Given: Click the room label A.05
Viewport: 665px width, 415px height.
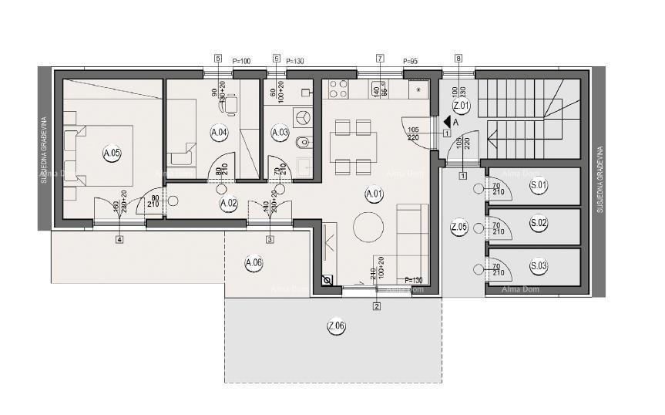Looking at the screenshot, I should (112, 153).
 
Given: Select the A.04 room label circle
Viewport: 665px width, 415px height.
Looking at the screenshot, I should (219, 133).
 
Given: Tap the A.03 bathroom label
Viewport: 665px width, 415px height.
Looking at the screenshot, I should (280, 133).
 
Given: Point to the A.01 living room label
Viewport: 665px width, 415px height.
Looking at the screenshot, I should (374, 193).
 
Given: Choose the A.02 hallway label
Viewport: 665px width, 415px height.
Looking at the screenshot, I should (229, 204).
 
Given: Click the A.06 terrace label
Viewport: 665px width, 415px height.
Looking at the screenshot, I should (254, 263).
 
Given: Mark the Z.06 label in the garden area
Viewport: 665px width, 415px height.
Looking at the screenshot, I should (336, 326).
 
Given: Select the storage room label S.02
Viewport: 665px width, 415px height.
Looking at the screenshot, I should (539, 224).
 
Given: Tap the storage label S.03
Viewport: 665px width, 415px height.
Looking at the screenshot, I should (539, 267).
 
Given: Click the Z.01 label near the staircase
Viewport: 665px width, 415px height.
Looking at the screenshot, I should (461, 105).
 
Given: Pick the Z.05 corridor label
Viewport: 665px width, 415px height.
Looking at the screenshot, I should (458, 227).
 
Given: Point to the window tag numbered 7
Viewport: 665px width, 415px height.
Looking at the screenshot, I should (380, 59).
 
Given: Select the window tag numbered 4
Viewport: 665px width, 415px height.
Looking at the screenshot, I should (119, 239).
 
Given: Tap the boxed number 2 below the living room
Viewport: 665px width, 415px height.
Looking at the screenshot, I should (376, 306).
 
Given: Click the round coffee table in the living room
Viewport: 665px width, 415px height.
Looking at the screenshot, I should (369, 227).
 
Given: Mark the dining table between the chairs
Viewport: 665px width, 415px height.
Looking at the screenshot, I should (354, 144).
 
